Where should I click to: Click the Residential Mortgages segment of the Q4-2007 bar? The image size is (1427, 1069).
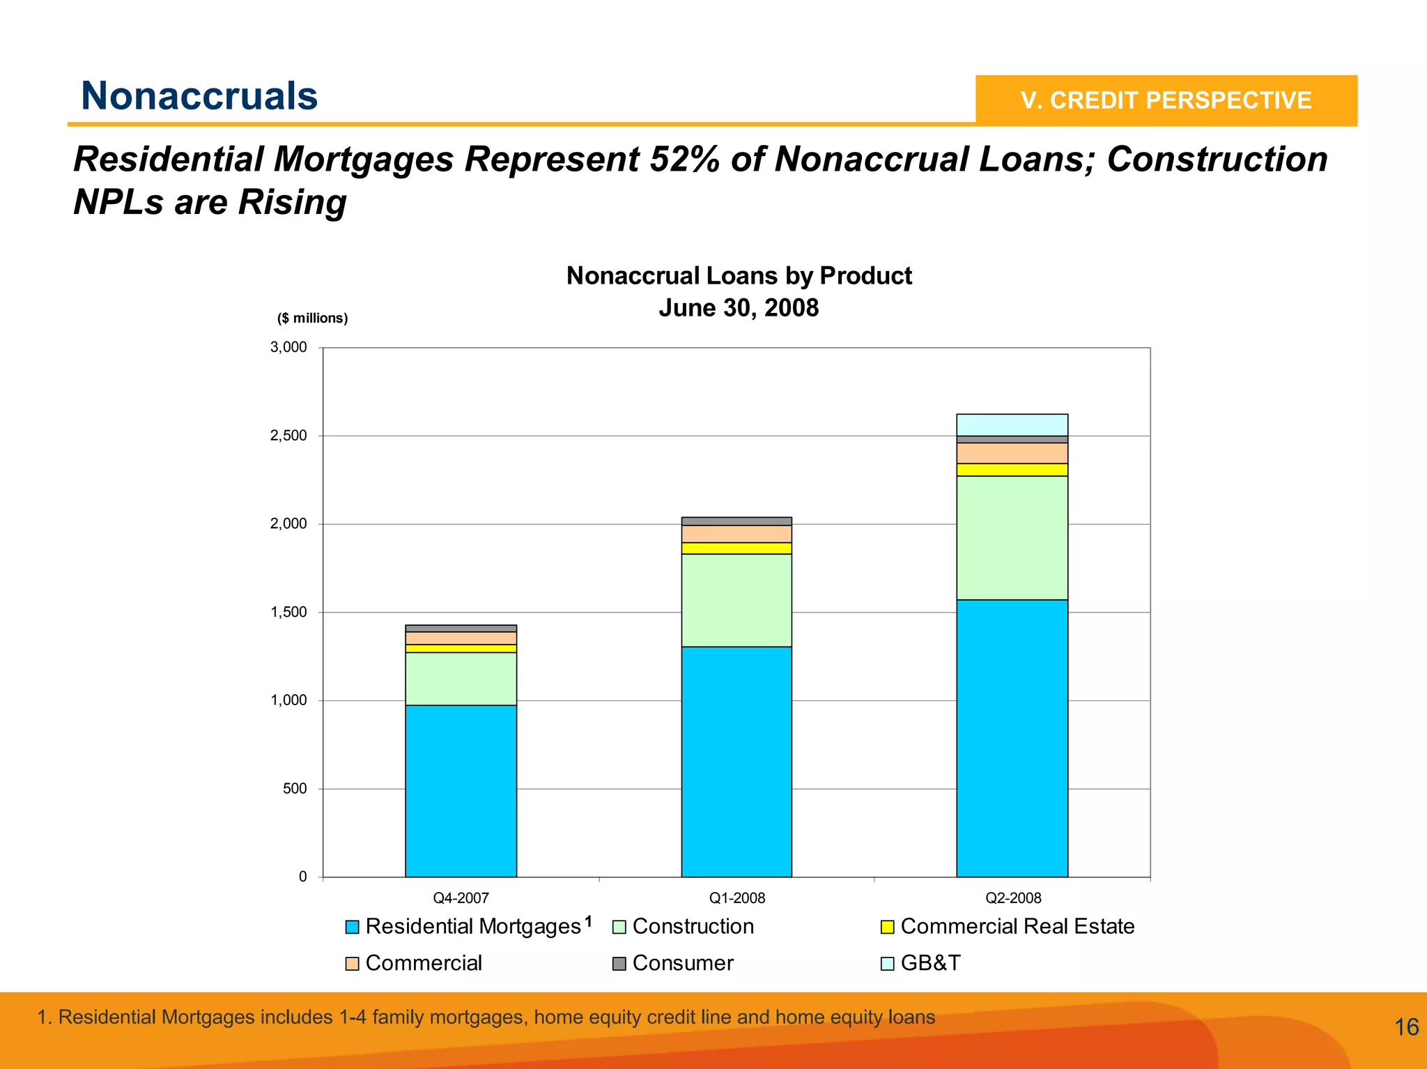tap(461, 791)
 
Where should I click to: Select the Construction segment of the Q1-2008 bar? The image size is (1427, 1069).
tap(736, 600)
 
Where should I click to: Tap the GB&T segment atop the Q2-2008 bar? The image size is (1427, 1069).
tap(1012, 424)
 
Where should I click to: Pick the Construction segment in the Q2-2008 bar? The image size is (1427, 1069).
tap(1012, 537)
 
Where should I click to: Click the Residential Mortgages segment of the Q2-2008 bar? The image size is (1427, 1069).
tap(1012, 738)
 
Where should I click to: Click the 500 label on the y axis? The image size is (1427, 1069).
tap(295, 789)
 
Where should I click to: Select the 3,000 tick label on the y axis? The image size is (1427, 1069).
tap(288, 347)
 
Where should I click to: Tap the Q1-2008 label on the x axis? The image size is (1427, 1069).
tap(736, 898)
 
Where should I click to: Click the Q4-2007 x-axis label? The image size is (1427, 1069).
tap(461, 898)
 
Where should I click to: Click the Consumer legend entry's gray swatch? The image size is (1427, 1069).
tap(619, 964)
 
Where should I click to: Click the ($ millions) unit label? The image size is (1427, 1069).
tap(312, 318)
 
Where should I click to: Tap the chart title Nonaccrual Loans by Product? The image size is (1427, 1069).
tap(739, 276)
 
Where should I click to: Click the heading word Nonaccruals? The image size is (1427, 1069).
tap(199, 95)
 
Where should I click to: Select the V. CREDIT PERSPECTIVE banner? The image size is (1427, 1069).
tap(1166, 100)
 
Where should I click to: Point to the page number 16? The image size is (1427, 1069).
tap(1406, 1027)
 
